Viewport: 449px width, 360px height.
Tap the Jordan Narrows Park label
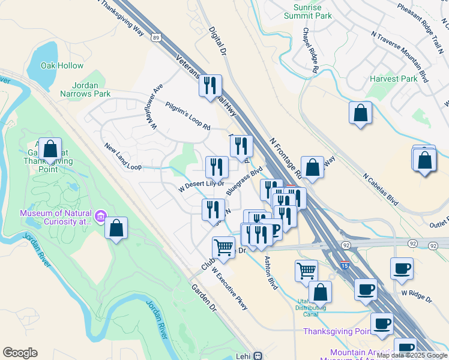tap(85, 89)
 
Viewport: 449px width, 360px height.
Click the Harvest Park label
tap(393, 79)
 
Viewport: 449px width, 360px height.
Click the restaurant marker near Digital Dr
tap(210, 86)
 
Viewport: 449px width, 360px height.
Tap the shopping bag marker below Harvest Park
tap(360, 113)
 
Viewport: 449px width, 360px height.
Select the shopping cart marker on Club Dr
tap(223, 246)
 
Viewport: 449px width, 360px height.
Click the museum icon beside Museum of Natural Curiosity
tap(101, 215)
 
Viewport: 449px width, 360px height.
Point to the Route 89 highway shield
tap(155, 37)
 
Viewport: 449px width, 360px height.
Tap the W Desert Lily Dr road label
tap(201, 185)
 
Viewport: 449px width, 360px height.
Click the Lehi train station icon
tap(258, 355)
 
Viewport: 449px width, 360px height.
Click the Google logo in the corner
tap(20, 353)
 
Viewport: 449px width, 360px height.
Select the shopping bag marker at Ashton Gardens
tap(51, 149)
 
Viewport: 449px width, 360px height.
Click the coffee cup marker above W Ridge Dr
tap(402, 268)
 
